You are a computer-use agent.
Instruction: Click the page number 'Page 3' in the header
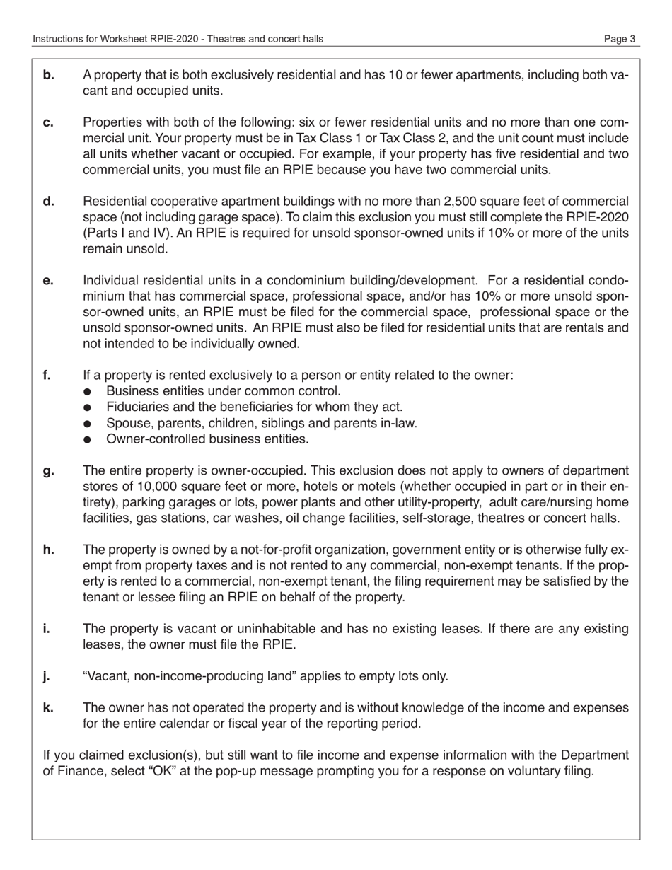[620, 39]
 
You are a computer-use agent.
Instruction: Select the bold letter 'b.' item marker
[49, 75]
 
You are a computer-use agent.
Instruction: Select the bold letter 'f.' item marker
[47, 376]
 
